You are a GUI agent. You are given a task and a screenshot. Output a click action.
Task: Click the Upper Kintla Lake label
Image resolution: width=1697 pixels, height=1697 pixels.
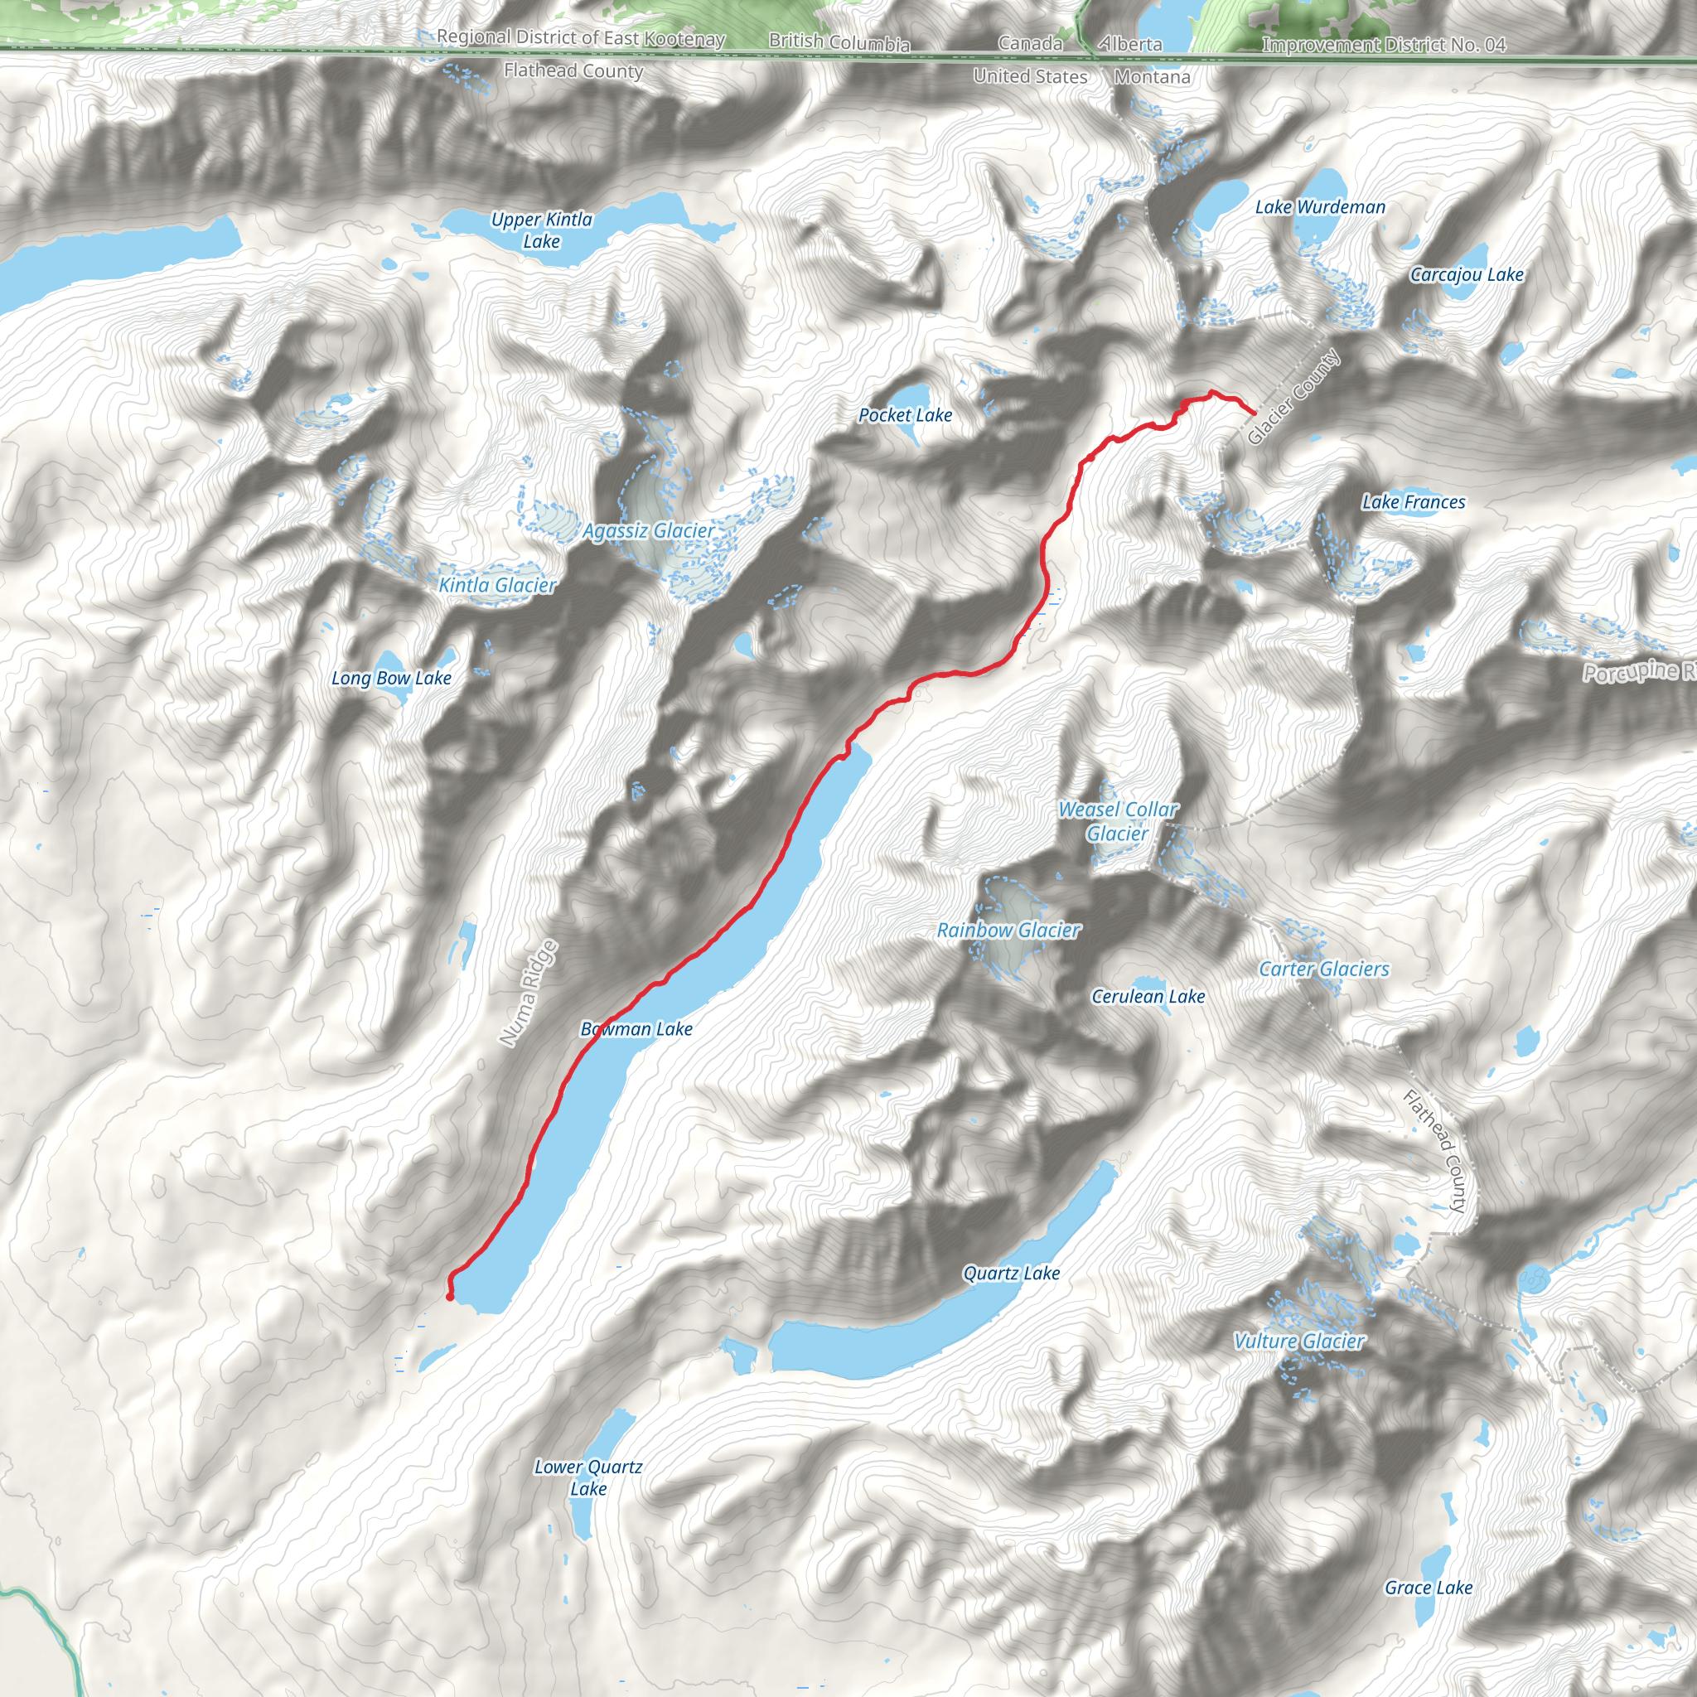point(541,230)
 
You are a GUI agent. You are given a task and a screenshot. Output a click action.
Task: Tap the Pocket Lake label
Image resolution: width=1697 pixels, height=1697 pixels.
point(905,415)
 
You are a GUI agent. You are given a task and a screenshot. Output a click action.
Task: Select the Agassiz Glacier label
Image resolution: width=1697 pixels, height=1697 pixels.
point(648,530)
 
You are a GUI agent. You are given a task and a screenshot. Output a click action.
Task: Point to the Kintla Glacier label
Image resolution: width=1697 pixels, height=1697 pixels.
point(497,585)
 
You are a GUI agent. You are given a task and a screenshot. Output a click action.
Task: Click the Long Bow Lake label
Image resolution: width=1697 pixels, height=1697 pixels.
point(391,678)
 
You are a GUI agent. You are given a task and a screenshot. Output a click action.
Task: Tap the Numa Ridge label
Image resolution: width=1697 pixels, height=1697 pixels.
point(528,993)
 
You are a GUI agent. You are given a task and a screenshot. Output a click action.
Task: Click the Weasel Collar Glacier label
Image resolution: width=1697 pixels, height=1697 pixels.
point(1117,821)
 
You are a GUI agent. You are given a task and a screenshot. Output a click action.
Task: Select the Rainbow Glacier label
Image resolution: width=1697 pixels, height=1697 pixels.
point(1008,931)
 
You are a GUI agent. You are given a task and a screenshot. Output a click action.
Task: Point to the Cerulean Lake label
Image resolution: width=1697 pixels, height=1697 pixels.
point(1147,996)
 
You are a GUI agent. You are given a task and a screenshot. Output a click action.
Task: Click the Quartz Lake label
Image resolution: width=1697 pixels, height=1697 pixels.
point(1011,1273)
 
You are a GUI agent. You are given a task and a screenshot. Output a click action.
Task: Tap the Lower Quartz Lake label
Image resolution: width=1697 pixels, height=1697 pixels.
point(587,1477)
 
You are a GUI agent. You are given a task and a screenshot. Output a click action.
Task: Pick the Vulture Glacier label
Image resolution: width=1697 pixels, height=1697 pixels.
point(1298,1342)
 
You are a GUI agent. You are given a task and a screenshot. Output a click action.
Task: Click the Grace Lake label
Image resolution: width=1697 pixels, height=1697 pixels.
point(1428,1587)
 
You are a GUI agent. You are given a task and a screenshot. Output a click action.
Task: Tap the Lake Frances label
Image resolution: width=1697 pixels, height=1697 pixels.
point(1413,502)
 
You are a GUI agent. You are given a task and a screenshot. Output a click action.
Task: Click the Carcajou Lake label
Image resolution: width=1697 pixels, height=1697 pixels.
point(1466,275)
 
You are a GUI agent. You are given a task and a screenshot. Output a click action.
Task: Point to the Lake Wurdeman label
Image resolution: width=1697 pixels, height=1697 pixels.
point(1319,207)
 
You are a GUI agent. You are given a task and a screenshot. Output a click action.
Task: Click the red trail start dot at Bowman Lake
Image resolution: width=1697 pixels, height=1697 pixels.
point(450,1297)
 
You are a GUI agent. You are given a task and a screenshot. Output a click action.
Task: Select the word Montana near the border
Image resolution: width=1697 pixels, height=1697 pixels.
point(1152,77)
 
